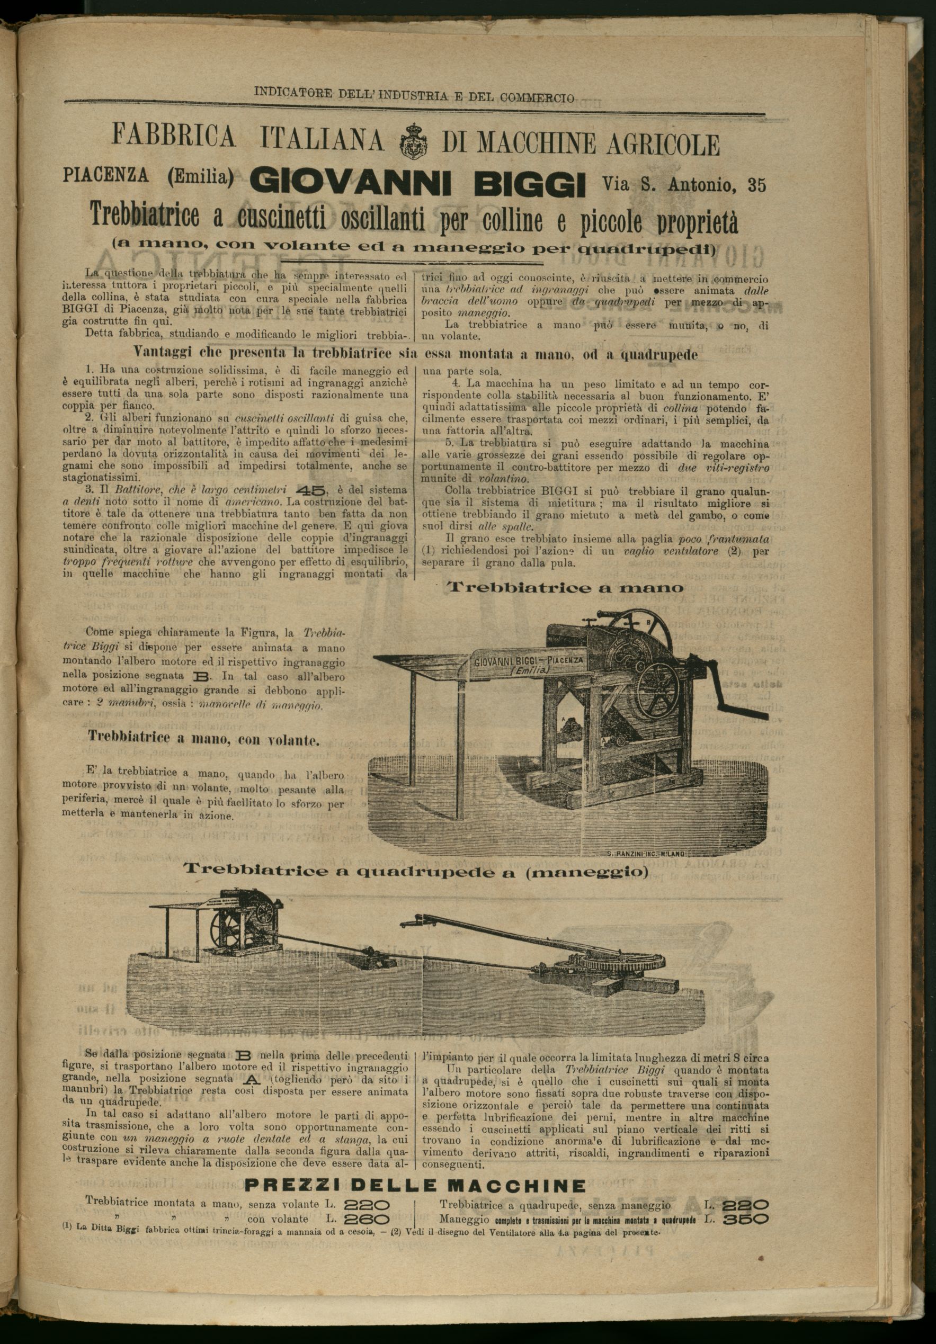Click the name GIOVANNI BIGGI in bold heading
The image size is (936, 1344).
point(417,183)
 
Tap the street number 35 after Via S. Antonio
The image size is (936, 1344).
point(756,185)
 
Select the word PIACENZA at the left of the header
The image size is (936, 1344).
point(105,175)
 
